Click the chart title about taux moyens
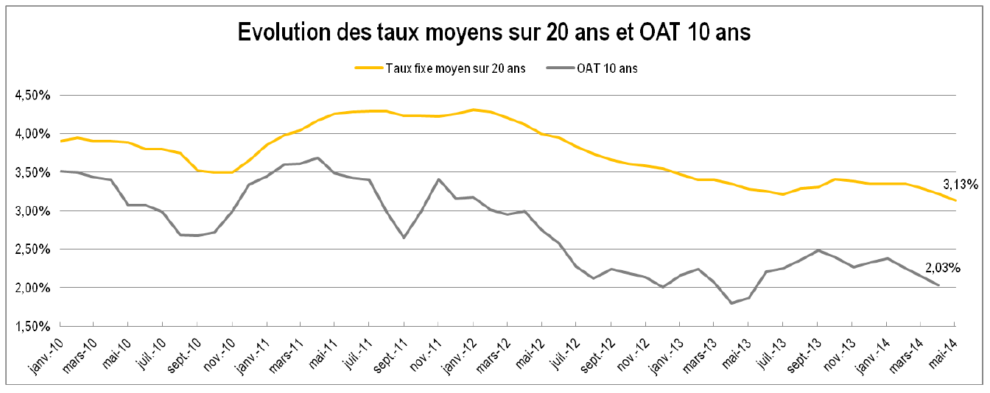click(x=494, y=33)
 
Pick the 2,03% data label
click(x=943, y=269)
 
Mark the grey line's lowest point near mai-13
click(x=731, y=302)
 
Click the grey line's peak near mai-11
click(x=317, y=157)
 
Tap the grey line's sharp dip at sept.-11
click(x=404, y=237)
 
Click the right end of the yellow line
click(x=955, y=200)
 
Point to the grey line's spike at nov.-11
click(x=439, y=179)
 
